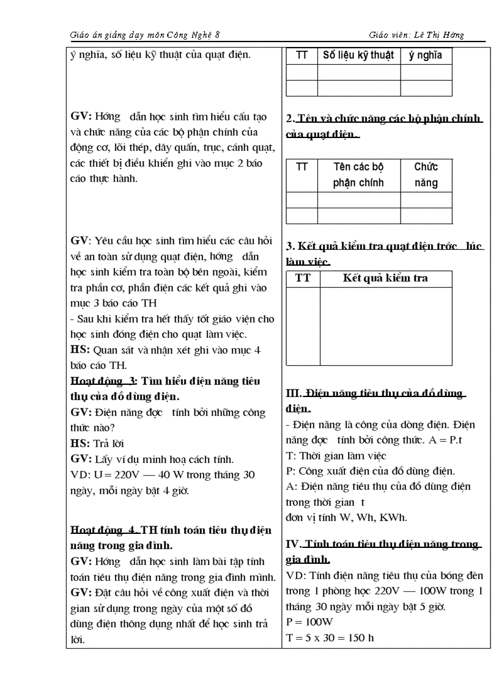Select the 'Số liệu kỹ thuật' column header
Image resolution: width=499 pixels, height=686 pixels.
pyautogui.click(x=358, y=56)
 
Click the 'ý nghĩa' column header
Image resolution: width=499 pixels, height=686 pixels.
pyautogui.click(x=426, y=56)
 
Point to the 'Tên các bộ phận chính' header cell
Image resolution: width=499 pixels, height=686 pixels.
pyautogui.click(x=358, y=175)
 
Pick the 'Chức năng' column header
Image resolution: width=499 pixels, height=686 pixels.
pyautogui.click(x=426, y=175)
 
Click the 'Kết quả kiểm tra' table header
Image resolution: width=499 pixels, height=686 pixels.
pyautogui.click(x=385, y=279)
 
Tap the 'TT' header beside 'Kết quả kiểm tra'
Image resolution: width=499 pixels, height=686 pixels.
pyautogui.click(x=303, y=279)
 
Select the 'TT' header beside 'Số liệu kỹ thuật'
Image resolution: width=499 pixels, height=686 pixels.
pyautogui.click(x=302, y=56)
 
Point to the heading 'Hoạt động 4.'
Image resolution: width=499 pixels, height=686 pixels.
pyautogui.click(x=105, y=530)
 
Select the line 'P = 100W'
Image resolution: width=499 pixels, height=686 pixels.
pyautogui.click(x=309, y=622)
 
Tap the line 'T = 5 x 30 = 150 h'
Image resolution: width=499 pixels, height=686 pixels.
pyautogui.click(x=330, y=638)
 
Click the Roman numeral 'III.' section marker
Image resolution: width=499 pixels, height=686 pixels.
pyautogui.click(x=294, y=393)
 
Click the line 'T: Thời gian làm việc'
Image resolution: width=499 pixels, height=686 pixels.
pyautogui.click(x=336, y=456)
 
